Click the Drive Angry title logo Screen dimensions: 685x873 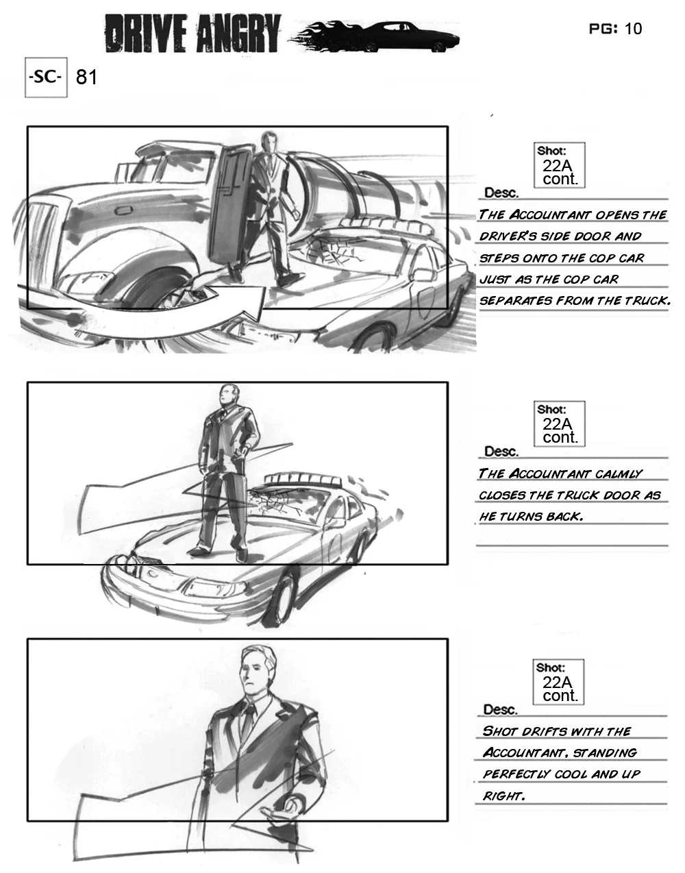(x=192, y=34)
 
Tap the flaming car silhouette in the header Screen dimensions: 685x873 (x=375, y=36)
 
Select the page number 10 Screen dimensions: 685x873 (x=633, y=29)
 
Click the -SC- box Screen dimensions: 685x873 (x=46, y=77)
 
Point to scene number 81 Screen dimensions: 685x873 (x=86, y=77)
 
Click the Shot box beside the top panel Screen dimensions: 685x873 (x=560, y=165)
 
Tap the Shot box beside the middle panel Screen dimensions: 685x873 (x=560, y=423)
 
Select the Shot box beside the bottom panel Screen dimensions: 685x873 (x=558, y=683)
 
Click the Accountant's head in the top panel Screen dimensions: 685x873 (x=269, y=141)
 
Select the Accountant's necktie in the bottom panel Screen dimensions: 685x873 (x=249, y=721)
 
